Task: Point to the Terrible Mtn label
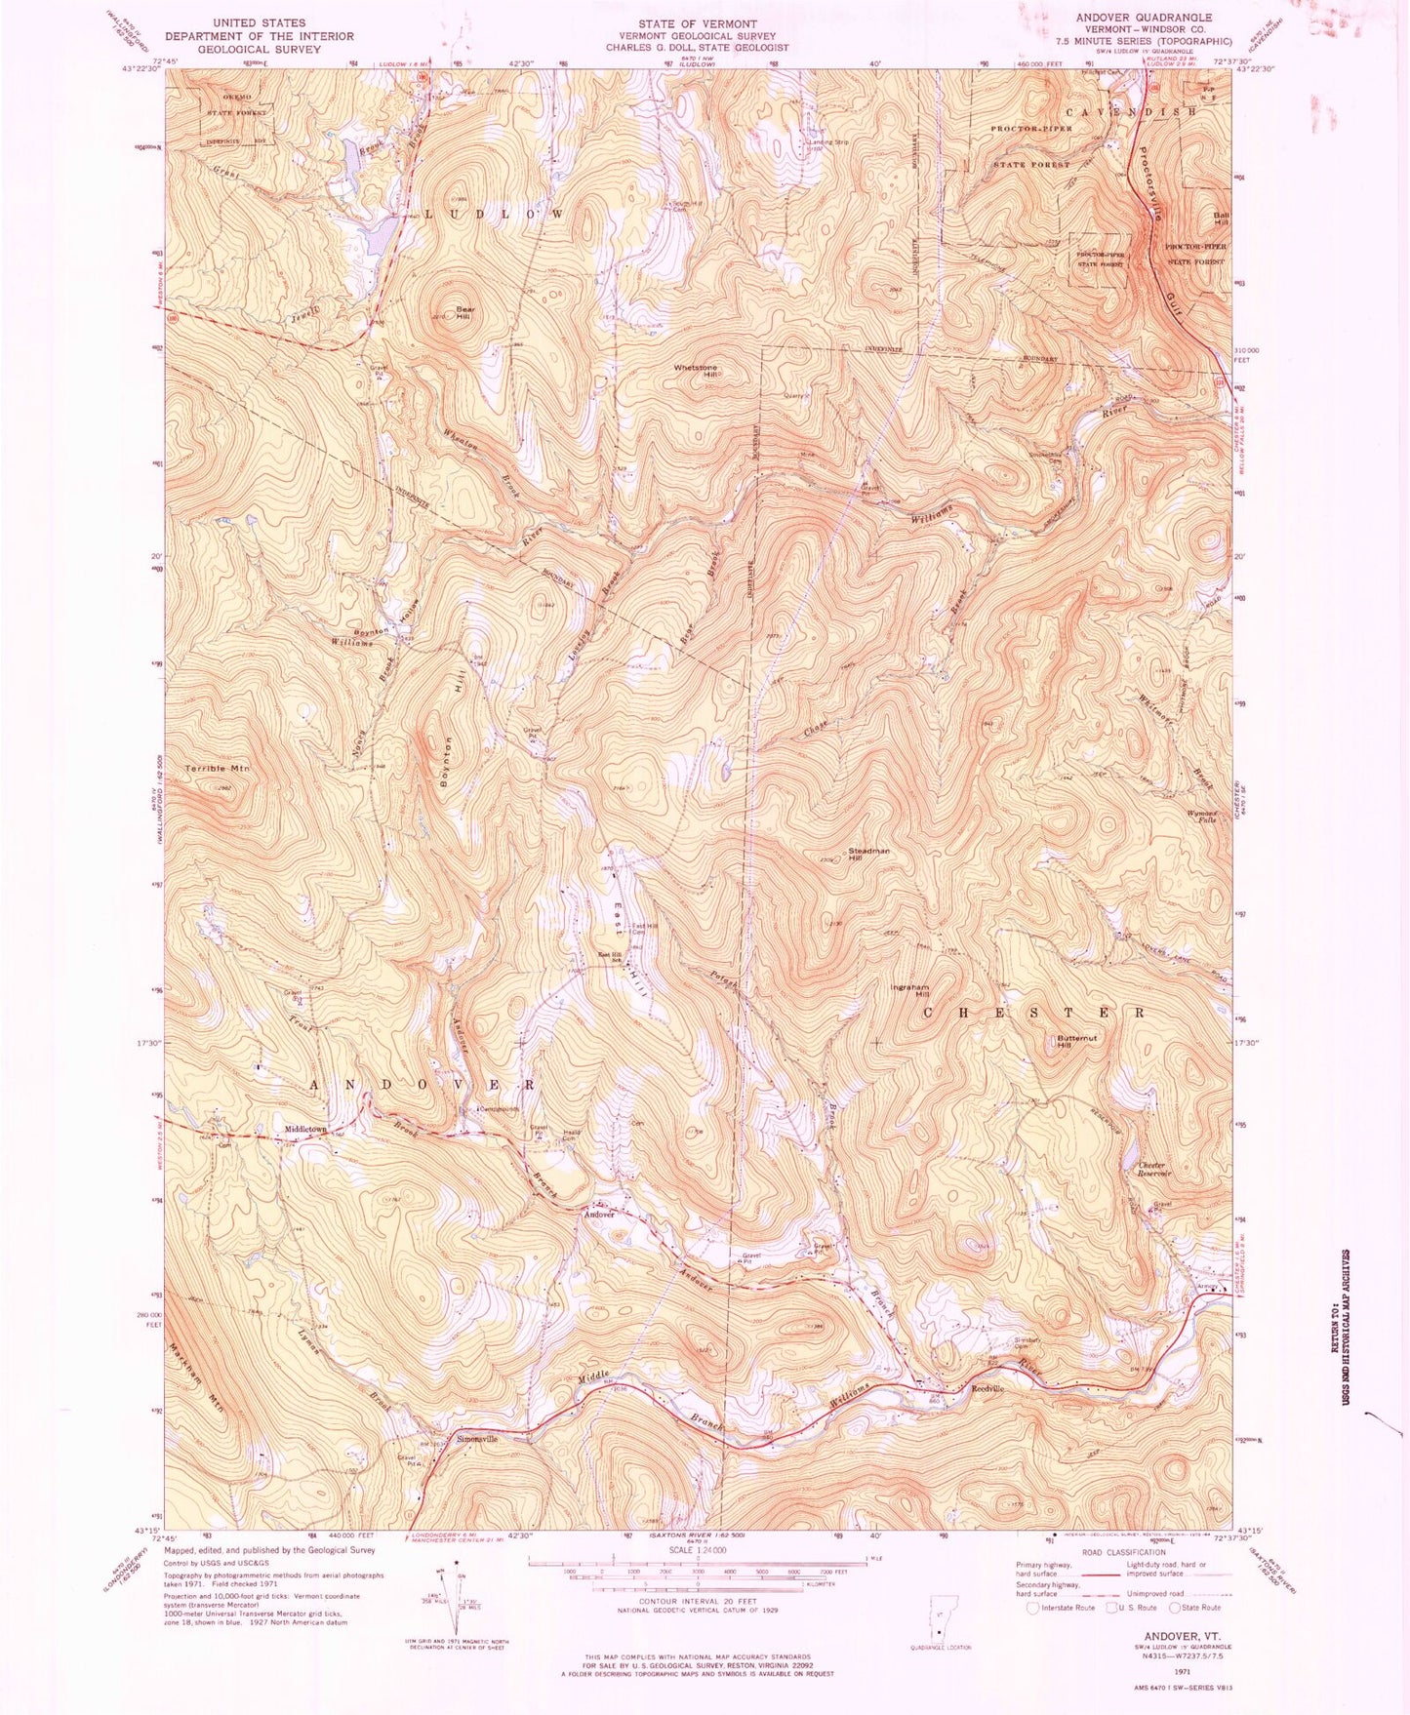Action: [218, 769]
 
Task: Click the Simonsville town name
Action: [472, 1439]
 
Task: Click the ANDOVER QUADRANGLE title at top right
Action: [1144, 18]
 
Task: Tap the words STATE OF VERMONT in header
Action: [697, 23]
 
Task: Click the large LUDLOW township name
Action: [492, 214]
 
